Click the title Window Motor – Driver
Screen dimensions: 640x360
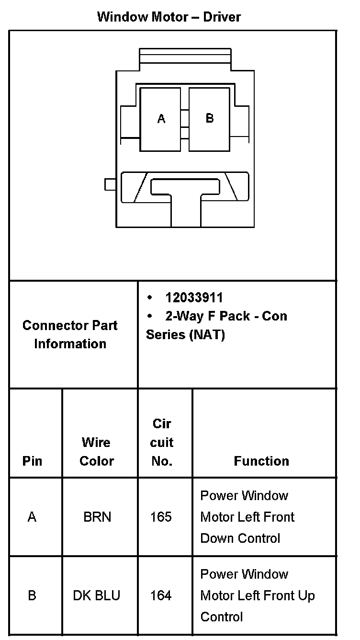point(169,17)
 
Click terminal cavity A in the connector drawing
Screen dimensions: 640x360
point(161,119)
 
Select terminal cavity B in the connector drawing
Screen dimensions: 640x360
point(209,119)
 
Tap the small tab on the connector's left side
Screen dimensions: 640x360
point(111,184)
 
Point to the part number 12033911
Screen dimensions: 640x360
point(194,297)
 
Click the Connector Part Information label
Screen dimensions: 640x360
point(70,334)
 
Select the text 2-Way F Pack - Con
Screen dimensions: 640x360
point(226,316)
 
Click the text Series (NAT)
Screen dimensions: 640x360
point(185,334)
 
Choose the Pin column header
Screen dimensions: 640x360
point(32,461)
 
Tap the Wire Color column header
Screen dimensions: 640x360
point(97,451)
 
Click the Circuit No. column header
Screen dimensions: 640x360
point(162,442)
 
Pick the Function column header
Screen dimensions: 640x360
point(261,461)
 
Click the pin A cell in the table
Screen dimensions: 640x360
point(32,517)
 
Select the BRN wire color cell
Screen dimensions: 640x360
point(97,517)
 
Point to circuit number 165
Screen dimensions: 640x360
point(161,517)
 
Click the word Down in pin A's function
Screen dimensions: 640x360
point(216,538)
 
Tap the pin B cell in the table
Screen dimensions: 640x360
point(32,595)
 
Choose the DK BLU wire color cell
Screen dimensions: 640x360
point(97,595)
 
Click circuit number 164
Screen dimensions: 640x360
point(161,595)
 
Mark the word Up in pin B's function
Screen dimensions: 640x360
point(306,595)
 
